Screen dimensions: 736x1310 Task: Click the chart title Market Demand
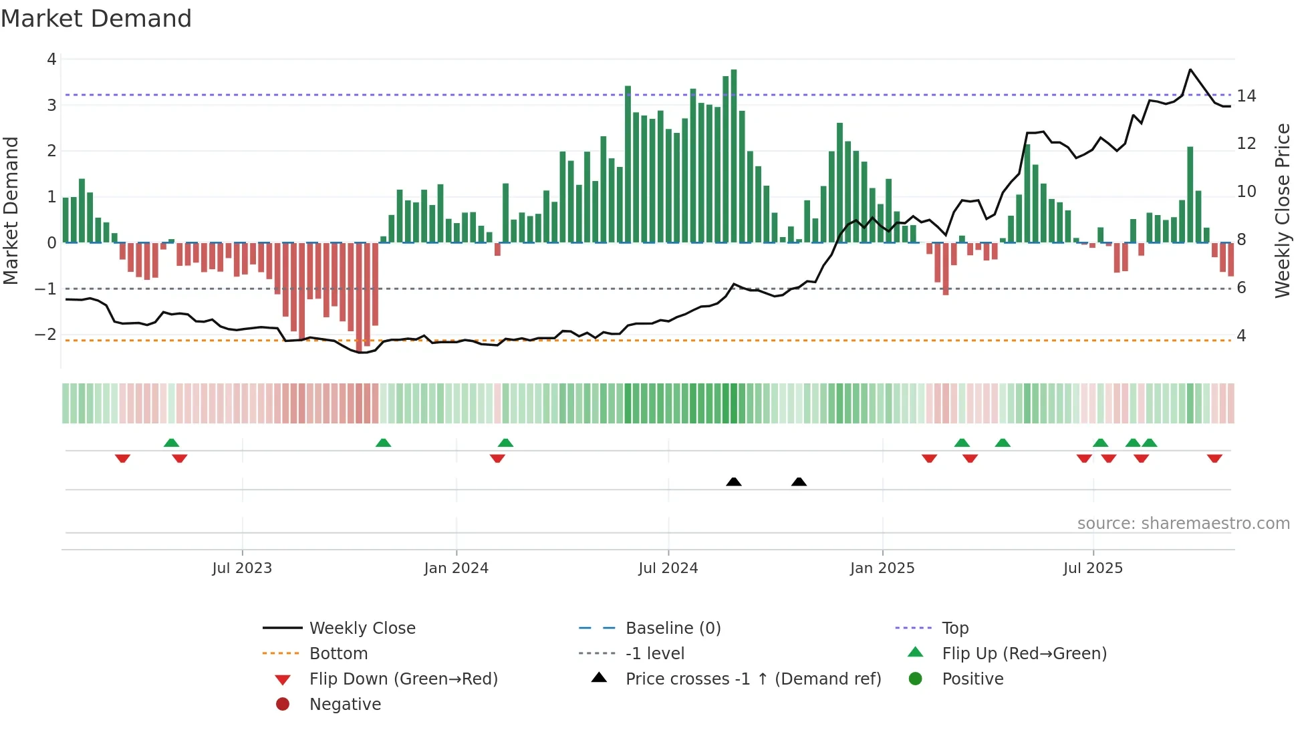(96, 18)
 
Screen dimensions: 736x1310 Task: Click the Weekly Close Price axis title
(1282, 210)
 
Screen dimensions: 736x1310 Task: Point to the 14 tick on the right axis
(1246, 96)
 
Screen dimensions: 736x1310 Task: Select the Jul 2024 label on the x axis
(668, 568)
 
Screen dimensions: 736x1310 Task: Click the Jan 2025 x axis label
(882, 568)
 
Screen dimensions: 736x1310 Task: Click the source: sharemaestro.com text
(1183, 523)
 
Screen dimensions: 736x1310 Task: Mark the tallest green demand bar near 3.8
(734, 156)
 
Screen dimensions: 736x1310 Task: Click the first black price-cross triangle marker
(734, 482)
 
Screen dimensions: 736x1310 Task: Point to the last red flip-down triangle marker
(1214, 458)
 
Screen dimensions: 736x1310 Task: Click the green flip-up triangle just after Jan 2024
(505, 443)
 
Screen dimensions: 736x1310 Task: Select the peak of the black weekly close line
(1190, 69)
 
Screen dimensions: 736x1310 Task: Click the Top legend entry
(955, 628)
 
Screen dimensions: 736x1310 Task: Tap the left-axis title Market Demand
(11, 210)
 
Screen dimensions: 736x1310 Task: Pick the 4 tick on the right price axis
(1241, 335)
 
